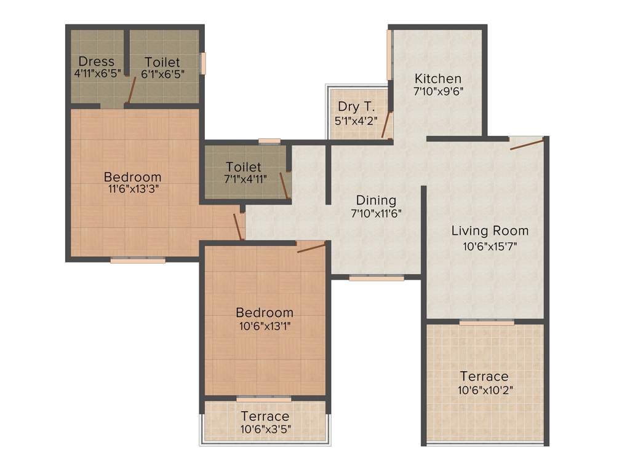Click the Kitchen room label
[x=437, y=79]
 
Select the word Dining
[x=376, y=200]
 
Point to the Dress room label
[x=97, y=61]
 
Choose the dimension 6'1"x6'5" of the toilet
[x=162, y=74]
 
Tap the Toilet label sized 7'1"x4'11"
[x=244, y=167]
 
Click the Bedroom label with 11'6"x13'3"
[x=132, y=177]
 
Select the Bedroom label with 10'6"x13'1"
[x=265, y=312]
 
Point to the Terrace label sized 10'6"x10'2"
[x=484, y=376]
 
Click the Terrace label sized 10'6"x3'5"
[x=265, y=417]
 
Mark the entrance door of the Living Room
[x=527, y=144]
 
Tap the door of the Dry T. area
[x=386, y=124]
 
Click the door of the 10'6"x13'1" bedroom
[x=311, y=247]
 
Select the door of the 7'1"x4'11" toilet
[x=284, y=186]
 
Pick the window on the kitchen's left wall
[x=389, y=55]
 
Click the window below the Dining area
[x=377, y=278]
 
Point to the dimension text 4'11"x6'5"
[x=97, y=74]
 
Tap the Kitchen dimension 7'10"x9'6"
[x=437, y=91]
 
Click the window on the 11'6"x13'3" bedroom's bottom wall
[x=138, y=261]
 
